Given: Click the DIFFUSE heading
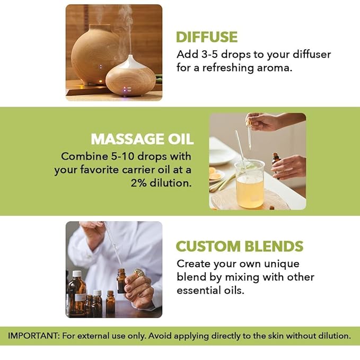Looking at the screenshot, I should pyautogui.click(x=207, y=37).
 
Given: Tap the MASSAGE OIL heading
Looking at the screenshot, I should pyautogui.click(x=142, y=139).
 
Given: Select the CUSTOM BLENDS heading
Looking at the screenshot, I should pyautogui.click(x=240, y=247).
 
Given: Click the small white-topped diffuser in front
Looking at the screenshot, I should pyautogui.click(x=130, y=80).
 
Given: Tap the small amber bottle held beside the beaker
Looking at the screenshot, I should pyautogui.click(x=276, y=164).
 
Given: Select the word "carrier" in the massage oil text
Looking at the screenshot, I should pyautogui.click(x=140, y=170).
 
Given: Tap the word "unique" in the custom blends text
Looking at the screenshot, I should pyautogui.click(x=282, y=264).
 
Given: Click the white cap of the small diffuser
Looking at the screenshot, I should pyautogui.click(x=130, y=63).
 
